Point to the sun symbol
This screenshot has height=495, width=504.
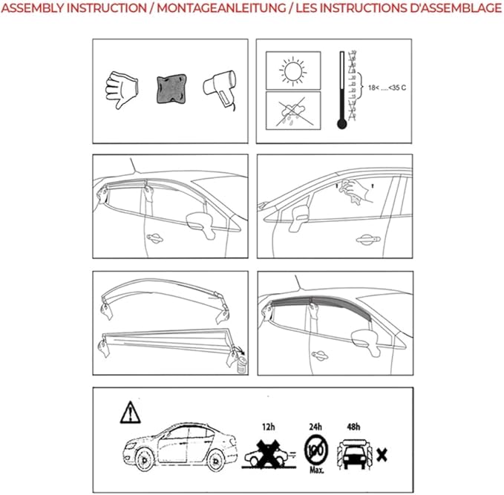coord(292,71)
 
